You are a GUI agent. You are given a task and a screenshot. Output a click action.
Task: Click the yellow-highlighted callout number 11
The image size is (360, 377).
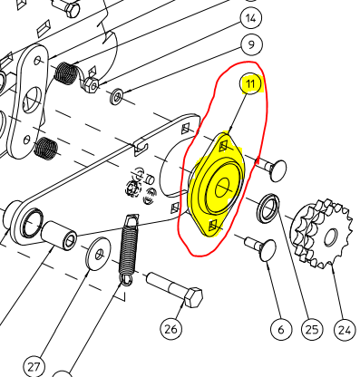pos(250,85)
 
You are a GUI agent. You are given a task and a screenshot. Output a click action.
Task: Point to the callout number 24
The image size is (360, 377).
pos(343,330)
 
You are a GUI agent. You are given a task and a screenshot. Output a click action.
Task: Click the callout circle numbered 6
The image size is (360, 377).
pos(279,330)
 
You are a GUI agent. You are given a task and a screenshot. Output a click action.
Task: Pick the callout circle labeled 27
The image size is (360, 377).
pos(34,366)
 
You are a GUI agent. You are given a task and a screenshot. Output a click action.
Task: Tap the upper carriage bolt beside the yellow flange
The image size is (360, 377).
pos(269,169)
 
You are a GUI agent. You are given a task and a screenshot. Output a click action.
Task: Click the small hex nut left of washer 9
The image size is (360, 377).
pos(92,86)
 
